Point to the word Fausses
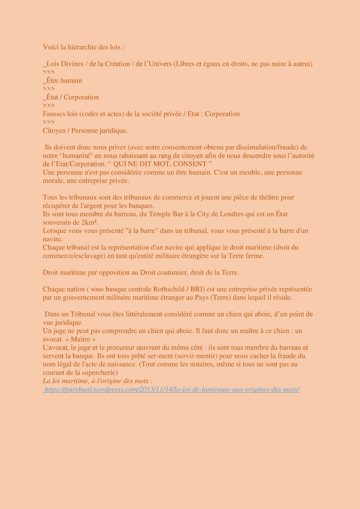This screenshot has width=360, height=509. [x=54, y=114]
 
